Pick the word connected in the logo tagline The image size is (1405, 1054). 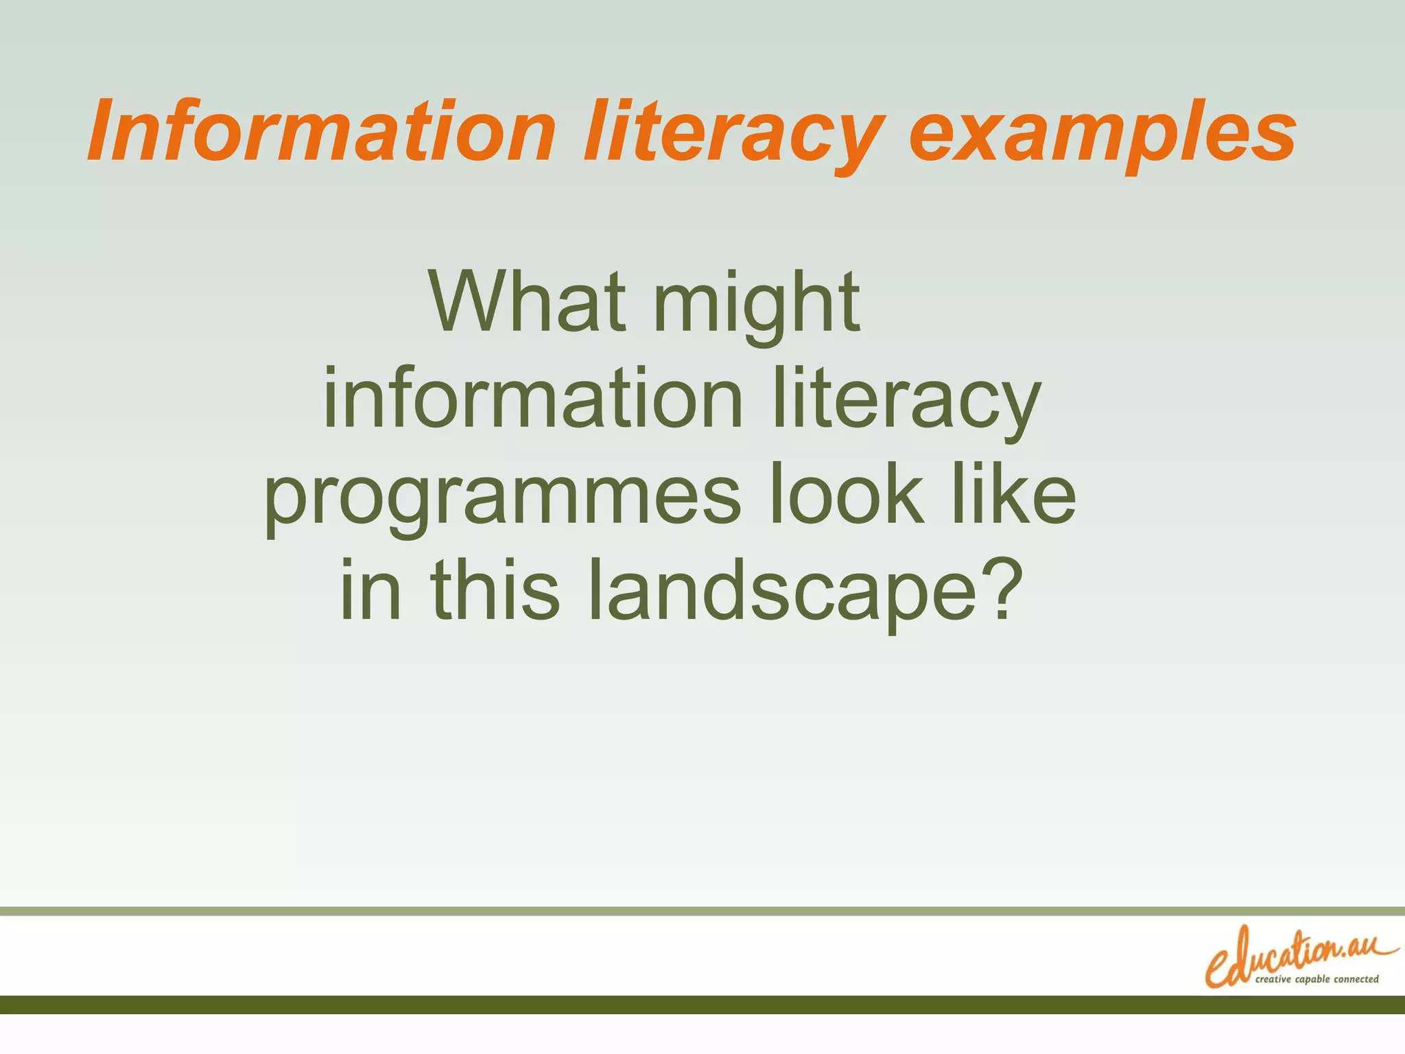pyautogui.click(x=1356, y=979)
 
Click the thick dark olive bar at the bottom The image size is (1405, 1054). pyautogui.click(x=702, y=1005)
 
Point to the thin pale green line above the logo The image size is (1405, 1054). pyautogui.click(x=702, y=911)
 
